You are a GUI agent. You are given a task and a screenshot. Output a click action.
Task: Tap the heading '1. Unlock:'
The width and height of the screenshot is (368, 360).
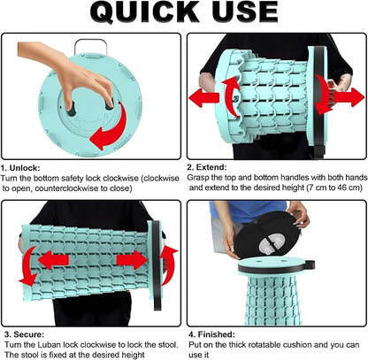20,168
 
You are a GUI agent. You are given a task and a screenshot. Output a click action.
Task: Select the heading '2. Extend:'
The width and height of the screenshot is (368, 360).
207,167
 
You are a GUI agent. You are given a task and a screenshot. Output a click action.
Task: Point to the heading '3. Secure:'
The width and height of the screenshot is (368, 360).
24,334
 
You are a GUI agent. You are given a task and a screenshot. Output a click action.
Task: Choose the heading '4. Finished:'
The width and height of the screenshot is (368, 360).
211,334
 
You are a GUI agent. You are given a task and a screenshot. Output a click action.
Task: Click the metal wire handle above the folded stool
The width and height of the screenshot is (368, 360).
90,47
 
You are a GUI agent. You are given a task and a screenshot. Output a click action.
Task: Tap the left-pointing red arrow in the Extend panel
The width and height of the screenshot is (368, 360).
203,98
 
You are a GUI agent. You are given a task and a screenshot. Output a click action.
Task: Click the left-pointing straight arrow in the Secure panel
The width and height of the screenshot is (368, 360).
53,260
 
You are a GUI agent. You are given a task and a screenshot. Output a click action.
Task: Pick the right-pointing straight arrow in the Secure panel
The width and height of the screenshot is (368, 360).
132,260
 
